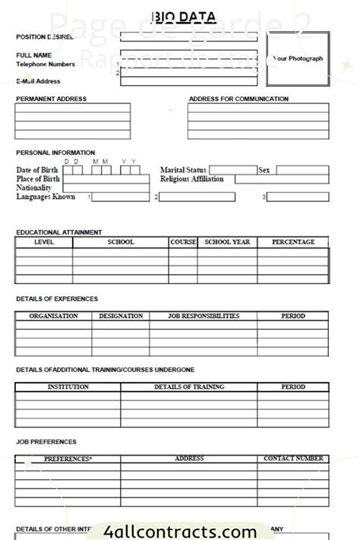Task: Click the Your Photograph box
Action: point(298,58)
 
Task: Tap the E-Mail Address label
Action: point(38,81)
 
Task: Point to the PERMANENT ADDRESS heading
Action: point(51,99)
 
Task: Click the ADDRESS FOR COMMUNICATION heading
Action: point(238,99)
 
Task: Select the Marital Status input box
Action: point(232,170)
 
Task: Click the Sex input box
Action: point(302,170)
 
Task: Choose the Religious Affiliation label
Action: point(192,179)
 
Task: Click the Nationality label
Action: point(34,188)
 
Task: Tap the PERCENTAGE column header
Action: point(293,242)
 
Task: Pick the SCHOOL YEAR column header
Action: point(227,242)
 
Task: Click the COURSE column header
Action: point(183,242)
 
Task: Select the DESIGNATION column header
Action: point(121,316)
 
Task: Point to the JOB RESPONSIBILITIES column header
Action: point(203,316)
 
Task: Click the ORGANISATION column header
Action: point(53,316)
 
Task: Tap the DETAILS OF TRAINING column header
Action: point(189,387)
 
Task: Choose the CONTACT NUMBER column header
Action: point(293,459)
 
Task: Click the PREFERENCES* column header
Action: point(68,459)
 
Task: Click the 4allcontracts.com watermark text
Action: point(181,531)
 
